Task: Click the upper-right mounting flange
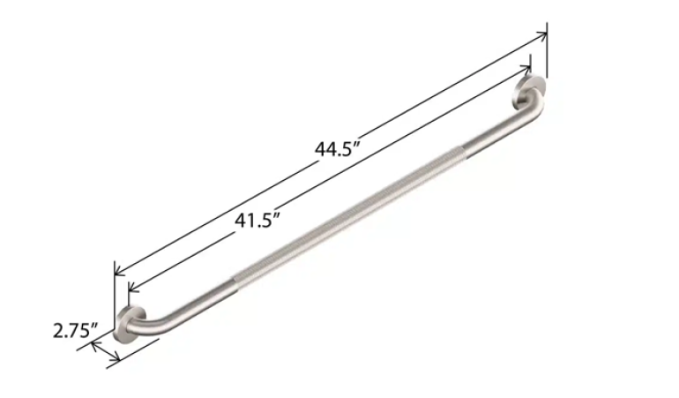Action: click(533, 94)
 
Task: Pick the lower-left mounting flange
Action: click(130, 325)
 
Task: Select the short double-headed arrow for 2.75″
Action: click(106, 352)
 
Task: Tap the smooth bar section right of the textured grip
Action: click(494, 137)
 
